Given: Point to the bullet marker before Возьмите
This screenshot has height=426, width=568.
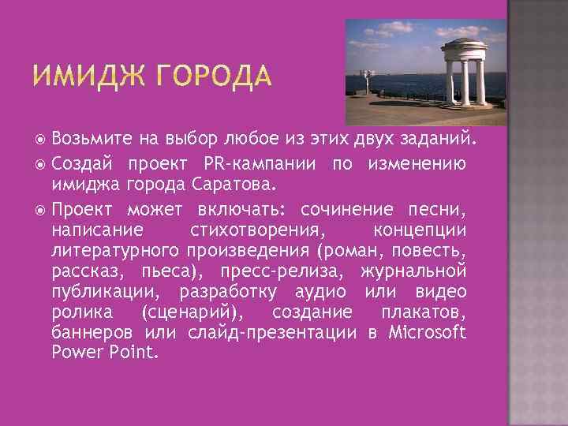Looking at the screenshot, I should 41,140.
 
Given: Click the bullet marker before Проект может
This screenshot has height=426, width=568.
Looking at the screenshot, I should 41,209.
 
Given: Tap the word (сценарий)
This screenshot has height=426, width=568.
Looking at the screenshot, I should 192,312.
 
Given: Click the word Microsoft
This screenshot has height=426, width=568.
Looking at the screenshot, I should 428,331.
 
